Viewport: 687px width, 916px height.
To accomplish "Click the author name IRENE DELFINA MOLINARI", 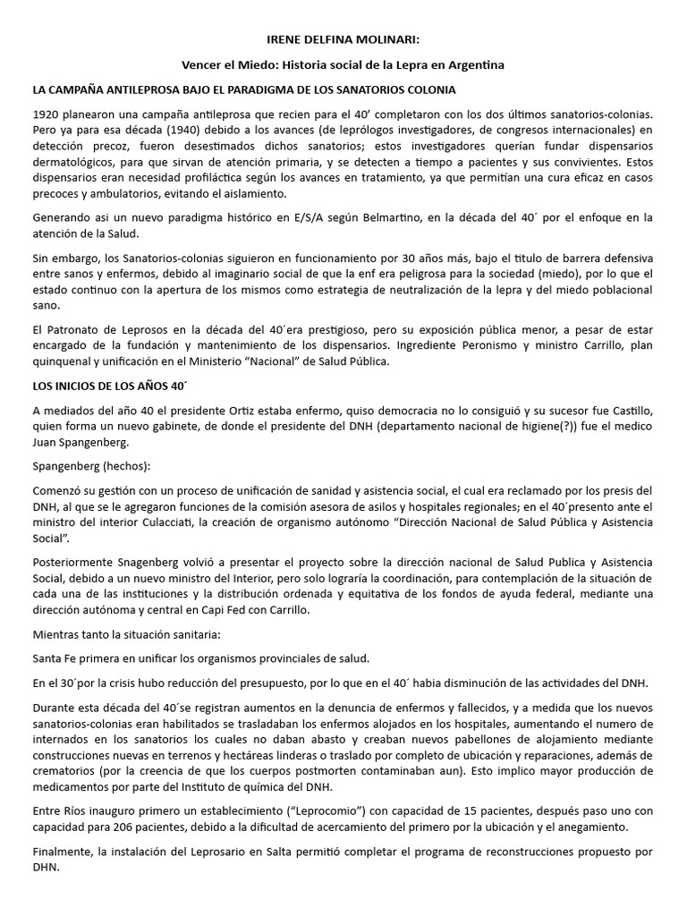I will pos(343,41).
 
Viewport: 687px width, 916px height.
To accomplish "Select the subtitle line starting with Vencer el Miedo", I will pos(343,65).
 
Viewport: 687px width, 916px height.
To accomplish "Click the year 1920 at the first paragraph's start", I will pos(46,114).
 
